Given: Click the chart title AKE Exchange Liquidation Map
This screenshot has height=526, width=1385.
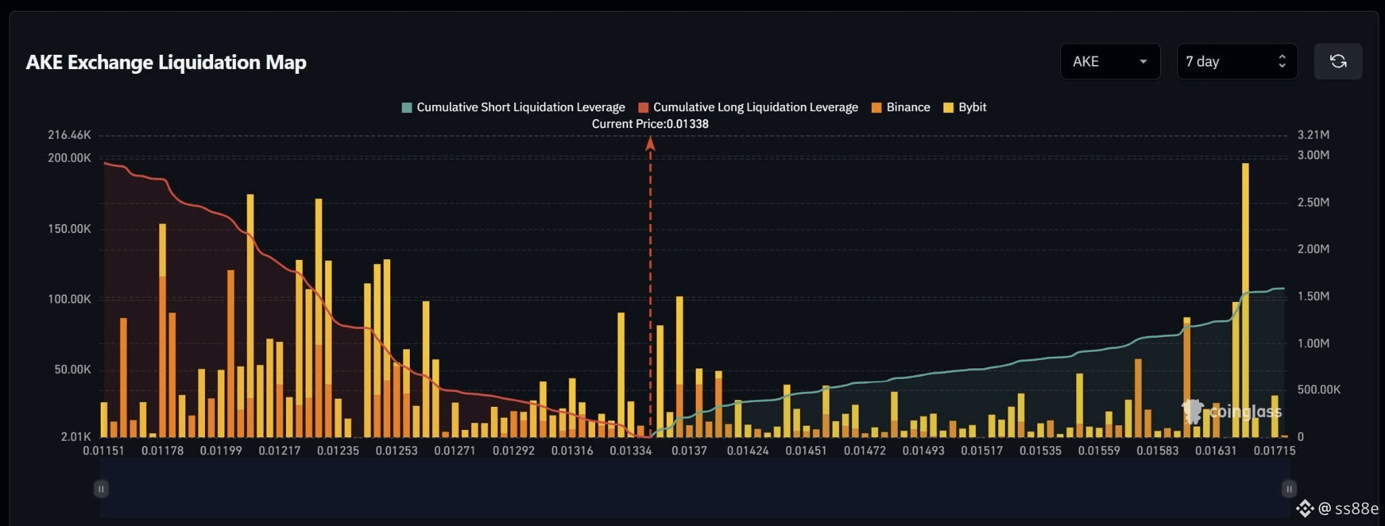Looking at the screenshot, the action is (166, 62).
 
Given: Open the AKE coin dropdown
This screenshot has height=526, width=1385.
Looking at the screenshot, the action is (1110, 62).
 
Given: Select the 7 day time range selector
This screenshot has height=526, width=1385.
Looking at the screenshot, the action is (1237, 62).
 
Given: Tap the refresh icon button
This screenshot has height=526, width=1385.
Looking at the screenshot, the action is (1338, 62).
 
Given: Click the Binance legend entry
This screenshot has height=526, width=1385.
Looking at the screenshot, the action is (901, 107).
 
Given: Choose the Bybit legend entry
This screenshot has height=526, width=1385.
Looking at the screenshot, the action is (965, 107).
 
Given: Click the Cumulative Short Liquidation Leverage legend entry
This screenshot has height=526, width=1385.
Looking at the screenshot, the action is (513, 107).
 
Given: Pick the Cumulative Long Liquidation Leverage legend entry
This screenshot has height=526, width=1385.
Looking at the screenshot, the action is (748, 107).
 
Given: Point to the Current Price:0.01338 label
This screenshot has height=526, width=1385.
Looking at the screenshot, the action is (650, 124).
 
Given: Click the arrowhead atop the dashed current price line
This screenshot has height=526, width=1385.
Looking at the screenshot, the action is (650, 143).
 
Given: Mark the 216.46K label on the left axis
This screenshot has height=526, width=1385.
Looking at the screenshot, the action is (69, 135).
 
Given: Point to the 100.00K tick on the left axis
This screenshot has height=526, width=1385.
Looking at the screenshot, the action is (69, 299).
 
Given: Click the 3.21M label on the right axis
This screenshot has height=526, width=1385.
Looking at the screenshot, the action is (1313, 135).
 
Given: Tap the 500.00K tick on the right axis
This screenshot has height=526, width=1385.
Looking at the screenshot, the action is (1319, 389).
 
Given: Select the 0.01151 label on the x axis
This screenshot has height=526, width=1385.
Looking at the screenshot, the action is (103, 450).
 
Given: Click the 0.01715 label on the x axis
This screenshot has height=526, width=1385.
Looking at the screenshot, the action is (1274, 450).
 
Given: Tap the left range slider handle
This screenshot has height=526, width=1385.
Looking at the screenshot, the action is (101, 489).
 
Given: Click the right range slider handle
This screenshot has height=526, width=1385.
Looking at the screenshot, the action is (1289, 489).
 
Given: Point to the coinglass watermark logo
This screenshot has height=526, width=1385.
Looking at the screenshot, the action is (1231, 411).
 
